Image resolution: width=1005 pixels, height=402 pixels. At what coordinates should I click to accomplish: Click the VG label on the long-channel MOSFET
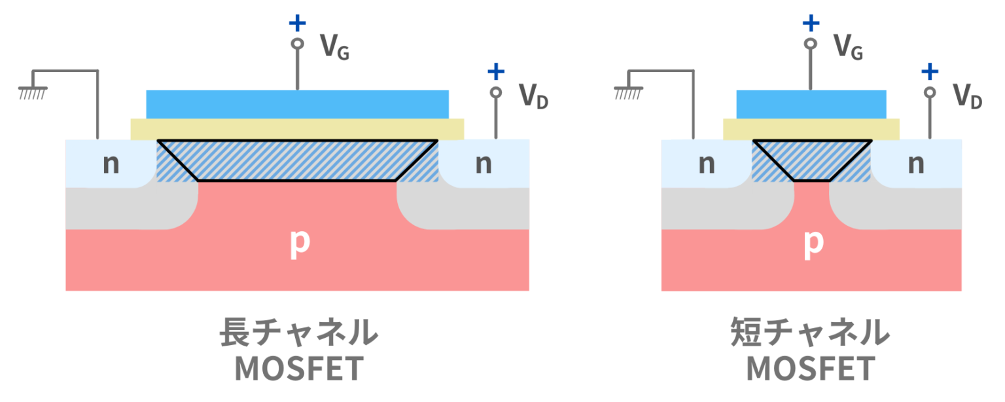pos(334,46)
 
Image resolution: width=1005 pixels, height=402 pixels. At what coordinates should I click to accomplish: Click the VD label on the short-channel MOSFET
pos(967,96)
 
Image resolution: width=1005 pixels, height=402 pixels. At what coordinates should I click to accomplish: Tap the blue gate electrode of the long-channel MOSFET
pos(297,103)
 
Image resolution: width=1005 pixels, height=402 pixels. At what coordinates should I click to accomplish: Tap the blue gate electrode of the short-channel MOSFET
pos(811,103)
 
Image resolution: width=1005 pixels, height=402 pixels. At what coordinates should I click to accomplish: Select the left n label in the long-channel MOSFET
pos(111,164)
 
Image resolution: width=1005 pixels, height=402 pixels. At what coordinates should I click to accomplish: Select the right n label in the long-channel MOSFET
pos(483,164)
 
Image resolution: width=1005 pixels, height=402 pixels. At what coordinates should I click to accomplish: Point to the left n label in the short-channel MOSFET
pos(706,164)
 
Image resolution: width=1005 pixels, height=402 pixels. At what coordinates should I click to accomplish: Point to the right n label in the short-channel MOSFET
pos(916,164)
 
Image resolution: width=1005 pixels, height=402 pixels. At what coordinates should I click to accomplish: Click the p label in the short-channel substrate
pos(812,243)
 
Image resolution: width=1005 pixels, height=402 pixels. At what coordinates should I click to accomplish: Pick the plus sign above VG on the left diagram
pos(297,24)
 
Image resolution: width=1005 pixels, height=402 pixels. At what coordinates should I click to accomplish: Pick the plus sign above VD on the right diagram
pos(929,71)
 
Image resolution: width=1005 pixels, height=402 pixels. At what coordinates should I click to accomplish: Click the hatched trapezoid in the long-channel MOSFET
pos(297,160)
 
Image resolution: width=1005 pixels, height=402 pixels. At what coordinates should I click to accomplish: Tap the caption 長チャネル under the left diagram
pos(298,333)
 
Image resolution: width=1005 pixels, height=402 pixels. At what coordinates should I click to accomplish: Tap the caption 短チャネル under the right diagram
pos(811,333)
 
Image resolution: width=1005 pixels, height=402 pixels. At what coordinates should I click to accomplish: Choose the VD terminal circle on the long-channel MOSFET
pos(496,92)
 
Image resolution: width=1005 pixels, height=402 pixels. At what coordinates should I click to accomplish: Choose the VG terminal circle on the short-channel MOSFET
pos(811,44)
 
